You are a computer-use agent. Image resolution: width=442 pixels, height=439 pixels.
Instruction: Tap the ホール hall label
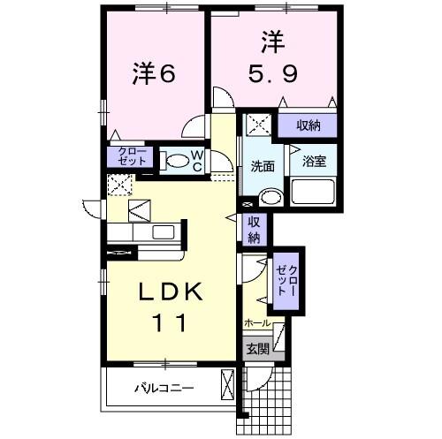coord(256,324)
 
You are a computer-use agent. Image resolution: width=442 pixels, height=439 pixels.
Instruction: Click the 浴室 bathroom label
coord(313,162)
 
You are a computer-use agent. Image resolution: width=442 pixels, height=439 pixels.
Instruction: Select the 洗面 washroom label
coord(263,165)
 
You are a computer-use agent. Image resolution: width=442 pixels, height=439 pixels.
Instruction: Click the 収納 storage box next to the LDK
coord(254,230)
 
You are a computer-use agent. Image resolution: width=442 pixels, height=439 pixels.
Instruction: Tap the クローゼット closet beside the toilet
coord(130,158)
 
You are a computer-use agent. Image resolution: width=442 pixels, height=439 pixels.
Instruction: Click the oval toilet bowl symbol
coord(178,161)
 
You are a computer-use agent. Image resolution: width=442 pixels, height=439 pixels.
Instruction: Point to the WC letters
coord(198,160)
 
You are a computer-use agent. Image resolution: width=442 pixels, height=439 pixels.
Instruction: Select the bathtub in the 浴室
coord(314,193)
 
